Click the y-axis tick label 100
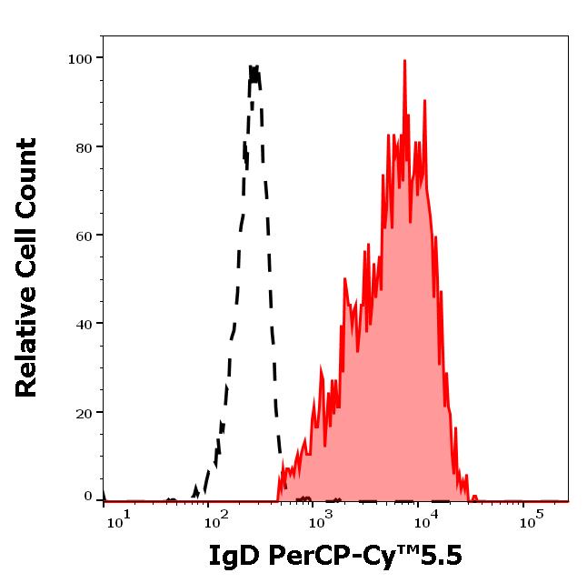80,59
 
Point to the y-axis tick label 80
84,147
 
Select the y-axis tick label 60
84,236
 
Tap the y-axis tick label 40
84,324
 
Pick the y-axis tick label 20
84,413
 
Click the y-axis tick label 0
88,497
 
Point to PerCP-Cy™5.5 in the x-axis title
362,557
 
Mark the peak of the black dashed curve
254,66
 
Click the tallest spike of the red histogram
404,61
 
